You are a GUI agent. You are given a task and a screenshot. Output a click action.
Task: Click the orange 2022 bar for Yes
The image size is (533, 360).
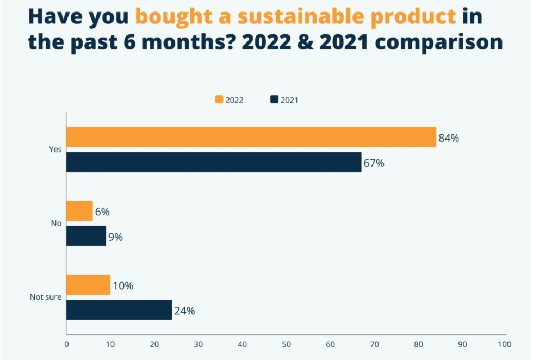coord(251,137)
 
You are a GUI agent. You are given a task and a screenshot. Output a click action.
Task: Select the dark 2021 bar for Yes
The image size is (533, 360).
coord(214,162)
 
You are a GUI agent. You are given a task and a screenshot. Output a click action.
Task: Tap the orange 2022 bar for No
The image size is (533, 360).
coord(79,210)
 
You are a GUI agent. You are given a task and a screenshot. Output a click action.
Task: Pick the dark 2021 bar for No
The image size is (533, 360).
coord(86,236)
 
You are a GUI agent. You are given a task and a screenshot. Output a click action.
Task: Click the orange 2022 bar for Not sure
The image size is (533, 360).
coord(88,285)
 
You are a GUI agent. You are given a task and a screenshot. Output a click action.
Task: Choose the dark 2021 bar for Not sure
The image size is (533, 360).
coord(119,310)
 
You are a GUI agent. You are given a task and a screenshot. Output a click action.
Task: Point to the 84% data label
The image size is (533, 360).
coord(449,138)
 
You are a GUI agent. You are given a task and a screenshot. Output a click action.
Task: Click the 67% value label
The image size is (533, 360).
coord(374,163)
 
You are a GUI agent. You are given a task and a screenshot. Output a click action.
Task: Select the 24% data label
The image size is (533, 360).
coord(184,311)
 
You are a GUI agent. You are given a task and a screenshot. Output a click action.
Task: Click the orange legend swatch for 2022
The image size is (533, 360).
coord(220,100)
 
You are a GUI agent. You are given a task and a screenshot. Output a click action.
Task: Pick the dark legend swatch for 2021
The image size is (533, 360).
coord(275,100)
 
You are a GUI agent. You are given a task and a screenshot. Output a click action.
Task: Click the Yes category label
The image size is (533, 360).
coord(55,150)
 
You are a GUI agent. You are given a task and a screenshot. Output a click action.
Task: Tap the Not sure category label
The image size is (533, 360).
coord(45,297)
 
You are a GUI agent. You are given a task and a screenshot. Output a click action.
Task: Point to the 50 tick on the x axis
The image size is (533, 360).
coord(286,344)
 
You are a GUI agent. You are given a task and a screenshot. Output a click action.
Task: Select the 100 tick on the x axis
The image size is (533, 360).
coord(504,344)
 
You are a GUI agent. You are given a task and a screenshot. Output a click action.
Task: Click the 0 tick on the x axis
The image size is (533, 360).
coord(66,344)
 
